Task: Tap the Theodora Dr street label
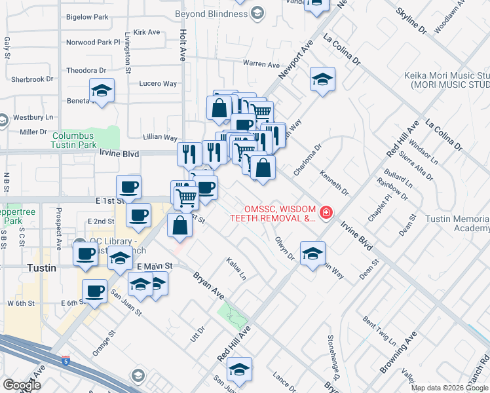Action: [91, 70]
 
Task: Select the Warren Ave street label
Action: [261, 64]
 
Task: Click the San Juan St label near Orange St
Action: [126, 303]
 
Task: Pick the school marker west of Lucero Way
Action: [102, 90]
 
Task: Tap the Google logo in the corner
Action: [22, 385]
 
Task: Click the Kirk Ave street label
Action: [146, 31]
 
